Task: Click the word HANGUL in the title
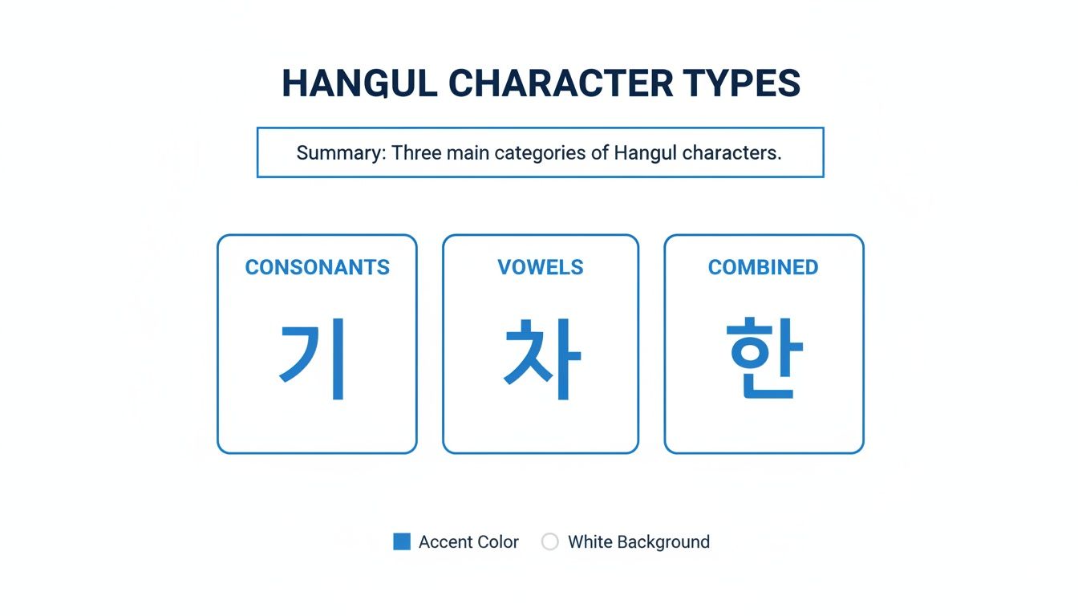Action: point(359,83)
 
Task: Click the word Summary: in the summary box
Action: point(342,152)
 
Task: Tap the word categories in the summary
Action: point(540,152)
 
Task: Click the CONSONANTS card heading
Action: point(318,267)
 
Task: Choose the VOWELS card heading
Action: point(541,267)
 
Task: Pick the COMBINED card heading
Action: point(764,267)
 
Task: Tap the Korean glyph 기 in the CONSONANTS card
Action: point(313,359)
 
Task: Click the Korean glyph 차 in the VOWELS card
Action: point(541,359)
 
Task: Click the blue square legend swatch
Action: point(402,541)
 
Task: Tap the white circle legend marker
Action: point(549,541)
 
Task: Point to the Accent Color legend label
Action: point(468,542)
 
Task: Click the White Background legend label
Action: point(638,542)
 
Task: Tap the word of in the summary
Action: point(600,152)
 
